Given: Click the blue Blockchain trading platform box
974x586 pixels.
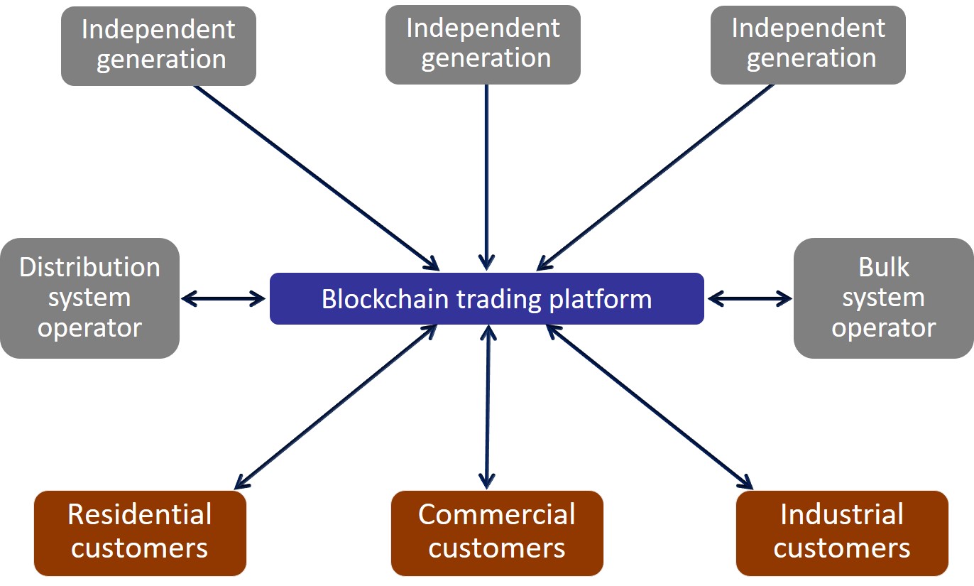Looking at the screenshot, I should [x=486, y=299].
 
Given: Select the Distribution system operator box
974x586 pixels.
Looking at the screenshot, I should [x=89, y=298].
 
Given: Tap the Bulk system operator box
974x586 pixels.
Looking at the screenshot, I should [x=883, y=298].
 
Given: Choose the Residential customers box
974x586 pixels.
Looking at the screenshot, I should [x=140, y=533].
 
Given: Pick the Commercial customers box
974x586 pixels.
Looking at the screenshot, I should [x=496, y=533].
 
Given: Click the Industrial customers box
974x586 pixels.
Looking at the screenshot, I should [x=842, y=533].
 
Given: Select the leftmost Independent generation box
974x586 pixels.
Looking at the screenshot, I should [x=158, y=45].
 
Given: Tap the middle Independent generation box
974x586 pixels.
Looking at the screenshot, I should [x=483, y=44].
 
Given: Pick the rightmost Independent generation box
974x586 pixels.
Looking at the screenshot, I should [x=808, y=45].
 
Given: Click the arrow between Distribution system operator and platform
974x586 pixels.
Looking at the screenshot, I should [x=224, y=299].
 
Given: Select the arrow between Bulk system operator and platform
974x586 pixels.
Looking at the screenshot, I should [x=749, y=299].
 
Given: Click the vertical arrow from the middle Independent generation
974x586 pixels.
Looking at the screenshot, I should [x=486, y=178].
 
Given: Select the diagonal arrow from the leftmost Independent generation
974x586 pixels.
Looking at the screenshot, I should [x=316, y=178].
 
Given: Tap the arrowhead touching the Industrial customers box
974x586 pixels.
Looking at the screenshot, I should [x=745, y=483].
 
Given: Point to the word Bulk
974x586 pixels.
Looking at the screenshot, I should [x=883, y=268].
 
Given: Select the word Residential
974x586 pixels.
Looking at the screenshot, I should [x=140, y=514].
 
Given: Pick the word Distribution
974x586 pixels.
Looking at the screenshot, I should [x=89, y=268].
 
